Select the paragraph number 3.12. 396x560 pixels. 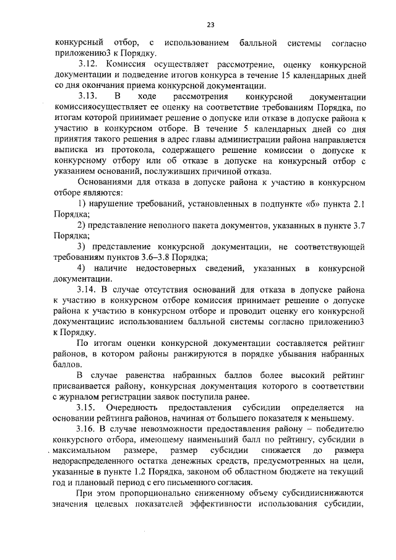tap(88, 64)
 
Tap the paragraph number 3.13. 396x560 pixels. tap(88, 97)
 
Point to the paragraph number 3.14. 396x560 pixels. tap(88, 289)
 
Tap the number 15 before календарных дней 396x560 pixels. tap(286, 75)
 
